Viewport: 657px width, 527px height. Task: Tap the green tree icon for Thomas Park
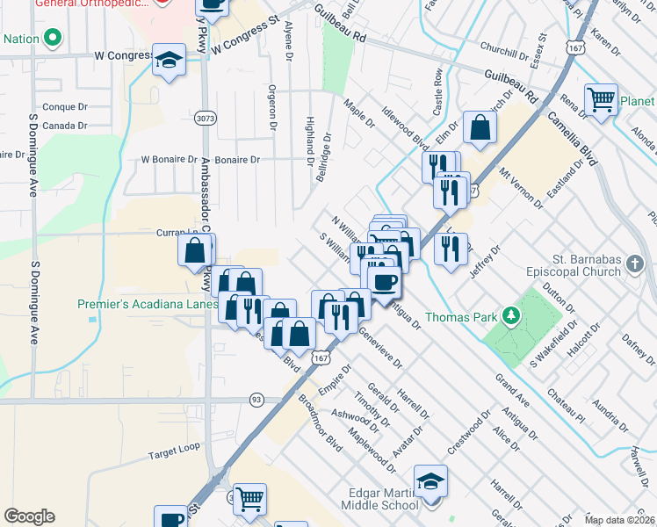[x=509, y=315]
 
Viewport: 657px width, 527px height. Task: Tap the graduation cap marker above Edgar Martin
[x=431, y=481]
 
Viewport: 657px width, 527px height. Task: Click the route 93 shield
[x=256, y=399]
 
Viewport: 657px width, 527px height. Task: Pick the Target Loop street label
[x=174, y=455]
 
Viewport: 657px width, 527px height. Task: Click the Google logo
[x=30, y=516]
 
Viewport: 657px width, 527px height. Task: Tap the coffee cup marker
[x=383, y=281]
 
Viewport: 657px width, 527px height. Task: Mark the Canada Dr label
[x=64, y=126]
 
